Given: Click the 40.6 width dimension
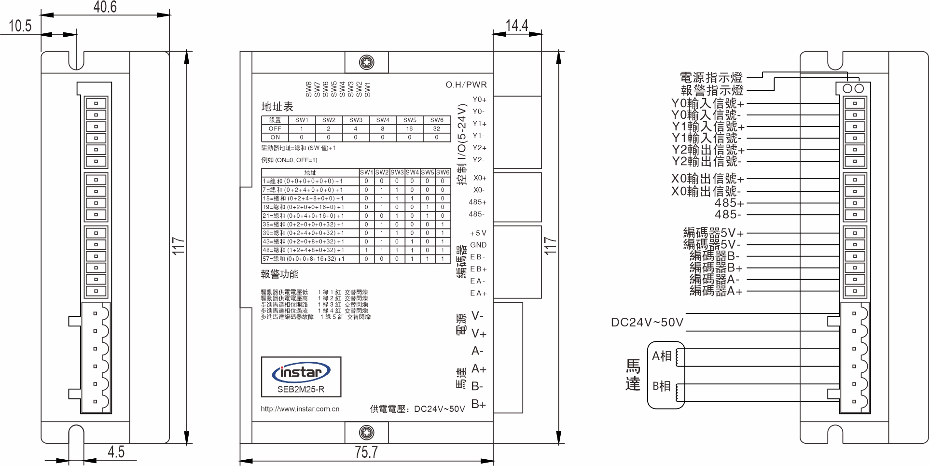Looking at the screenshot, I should tap(105, 7).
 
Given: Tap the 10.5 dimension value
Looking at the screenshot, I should tap(20, 26).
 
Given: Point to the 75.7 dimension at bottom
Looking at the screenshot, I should tap(366, 452).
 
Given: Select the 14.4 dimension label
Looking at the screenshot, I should tap(516, 25).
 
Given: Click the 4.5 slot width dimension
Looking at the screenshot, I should tap(116, 452).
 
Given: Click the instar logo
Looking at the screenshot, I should tap(301, 372).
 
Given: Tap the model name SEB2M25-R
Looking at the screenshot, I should tap(301, 389).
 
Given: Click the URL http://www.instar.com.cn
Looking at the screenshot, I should tap(300, 409).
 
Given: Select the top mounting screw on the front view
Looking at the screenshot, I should tap(367, 62).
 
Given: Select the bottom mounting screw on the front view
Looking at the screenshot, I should tap(367, 432).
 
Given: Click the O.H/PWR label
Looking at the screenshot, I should tap(466, 85).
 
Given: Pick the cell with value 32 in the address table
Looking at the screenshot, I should tap(437, 129).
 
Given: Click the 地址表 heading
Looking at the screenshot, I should tap(277, 107).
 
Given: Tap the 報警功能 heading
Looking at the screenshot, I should tap(279, 274).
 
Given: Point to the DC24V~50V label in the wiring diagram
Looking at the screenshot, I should tap(647, 323).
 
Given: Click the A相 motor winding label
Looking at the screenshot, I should tap(662, 356).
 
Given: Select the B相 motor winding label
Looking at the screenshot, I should tap(662, 386).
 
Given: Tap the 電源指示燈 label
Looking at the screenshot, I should tap(711, 77).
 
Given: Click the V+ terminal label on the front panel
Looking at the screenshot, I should tap(479, 334).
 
